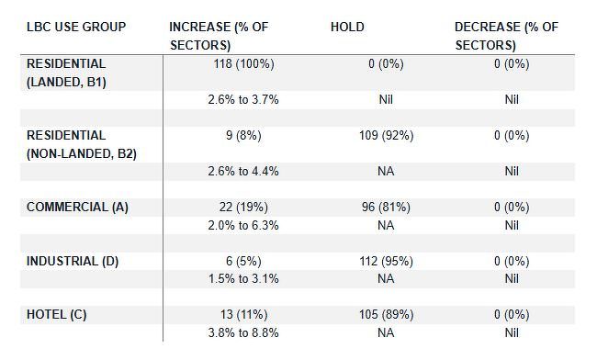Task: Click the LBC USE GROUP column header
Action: tap(76, 27)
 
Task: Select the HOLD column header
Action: tap(347, 27)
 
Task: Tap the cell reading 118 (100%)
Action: tap(243, 64)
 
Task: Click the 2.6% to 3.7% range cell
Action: tap(243, 100)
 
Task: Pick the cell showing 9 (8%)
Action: tap(243, 136)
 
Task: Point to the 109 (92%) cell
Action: tap(386, 136)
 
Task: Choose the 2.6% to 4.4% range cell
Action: tap(243, 172)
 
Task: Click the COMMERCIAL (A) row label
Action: tap(77, 208)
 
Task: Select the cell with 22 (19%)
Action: tap(243, 208)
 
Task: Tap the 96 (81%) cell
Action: tap(386, 208)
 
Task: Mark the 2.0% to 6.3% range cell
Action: tap(243, 225)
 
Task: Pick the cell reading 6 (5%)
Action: tap(243, 262)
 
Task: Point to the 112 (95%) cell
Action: tap(386, 262)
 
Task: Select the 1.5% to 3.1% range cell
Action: tap(243, 279)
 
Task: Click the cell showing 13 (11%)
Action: tap(243, 315)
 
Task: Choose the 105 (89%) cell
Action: tap(386, 315)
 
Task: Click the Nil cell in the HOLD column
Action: tap(386, 100)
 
